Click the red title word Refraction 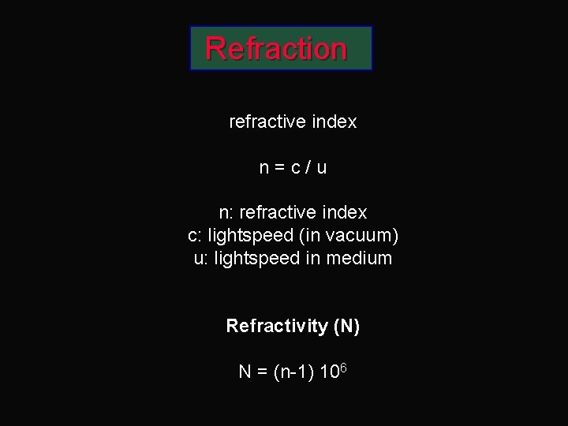click(x=276, y=49)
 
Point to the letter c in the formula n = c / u click(x=294, y=168)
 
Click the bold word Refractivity click(x=277, y=326)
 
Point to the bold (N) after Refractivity click(x=346, y=326)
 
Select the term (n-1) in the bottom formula click(x=294, y=372)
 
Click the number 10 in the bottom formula click(x=330, y=372)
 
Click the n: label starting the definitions click(x=226, y=213)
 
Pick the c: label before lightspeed click(x=195, y=236)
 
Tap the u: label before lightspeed click(x=201, y=258)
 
